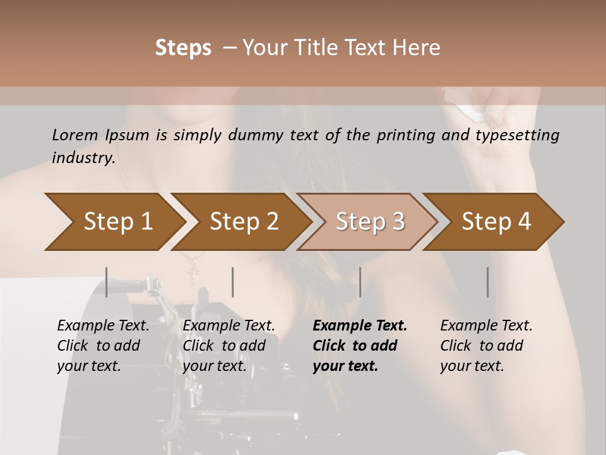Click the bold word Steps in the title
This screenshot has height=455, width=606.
183,48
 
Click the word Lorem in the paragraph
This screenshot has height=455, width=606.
74,135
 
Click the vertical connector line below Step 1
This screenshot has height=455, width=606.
107,282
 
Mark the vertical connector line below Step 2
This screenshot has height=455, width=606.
233,282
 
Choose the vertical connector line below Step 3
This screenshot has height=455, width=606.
360,282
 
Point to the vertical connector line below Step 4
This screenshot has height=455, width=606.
488,282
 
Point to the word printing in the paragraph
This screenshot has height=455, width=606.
404,135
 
